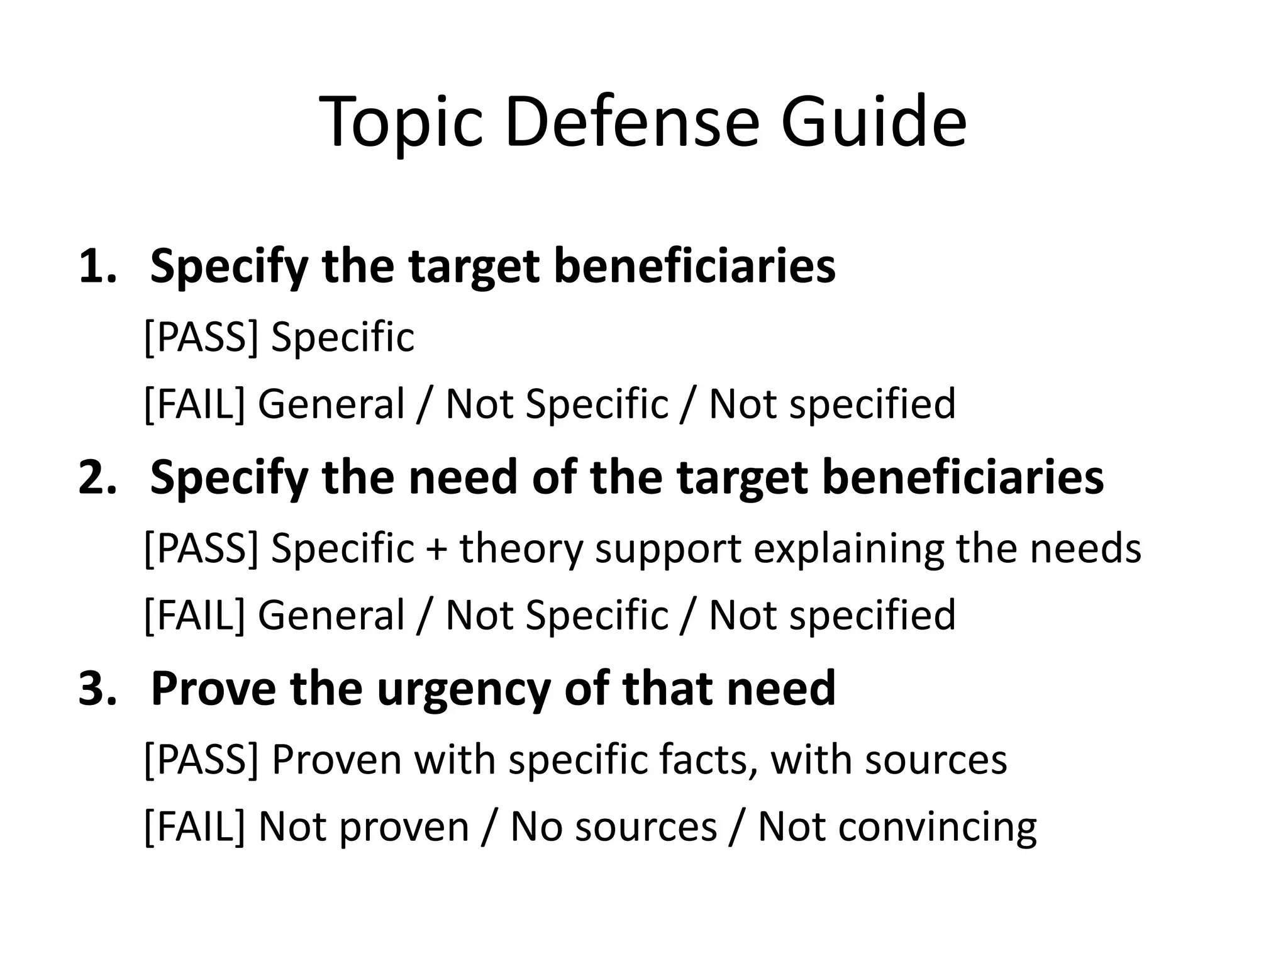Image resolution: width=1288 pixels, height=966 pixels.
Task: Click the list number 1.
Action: tap(97, 266)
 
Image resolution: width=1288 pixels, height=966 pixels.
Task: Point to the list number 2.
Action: tap(97, 477)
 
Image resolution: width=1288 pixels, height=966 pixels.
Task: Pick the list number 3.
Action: tap(97, 688)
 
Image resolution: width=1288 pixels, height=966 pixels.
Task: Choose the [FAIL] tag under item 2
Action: tap(194, 614)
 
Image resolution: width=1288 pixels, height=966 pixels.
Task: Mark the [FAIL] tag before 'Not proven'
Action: tap(194, 826)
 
